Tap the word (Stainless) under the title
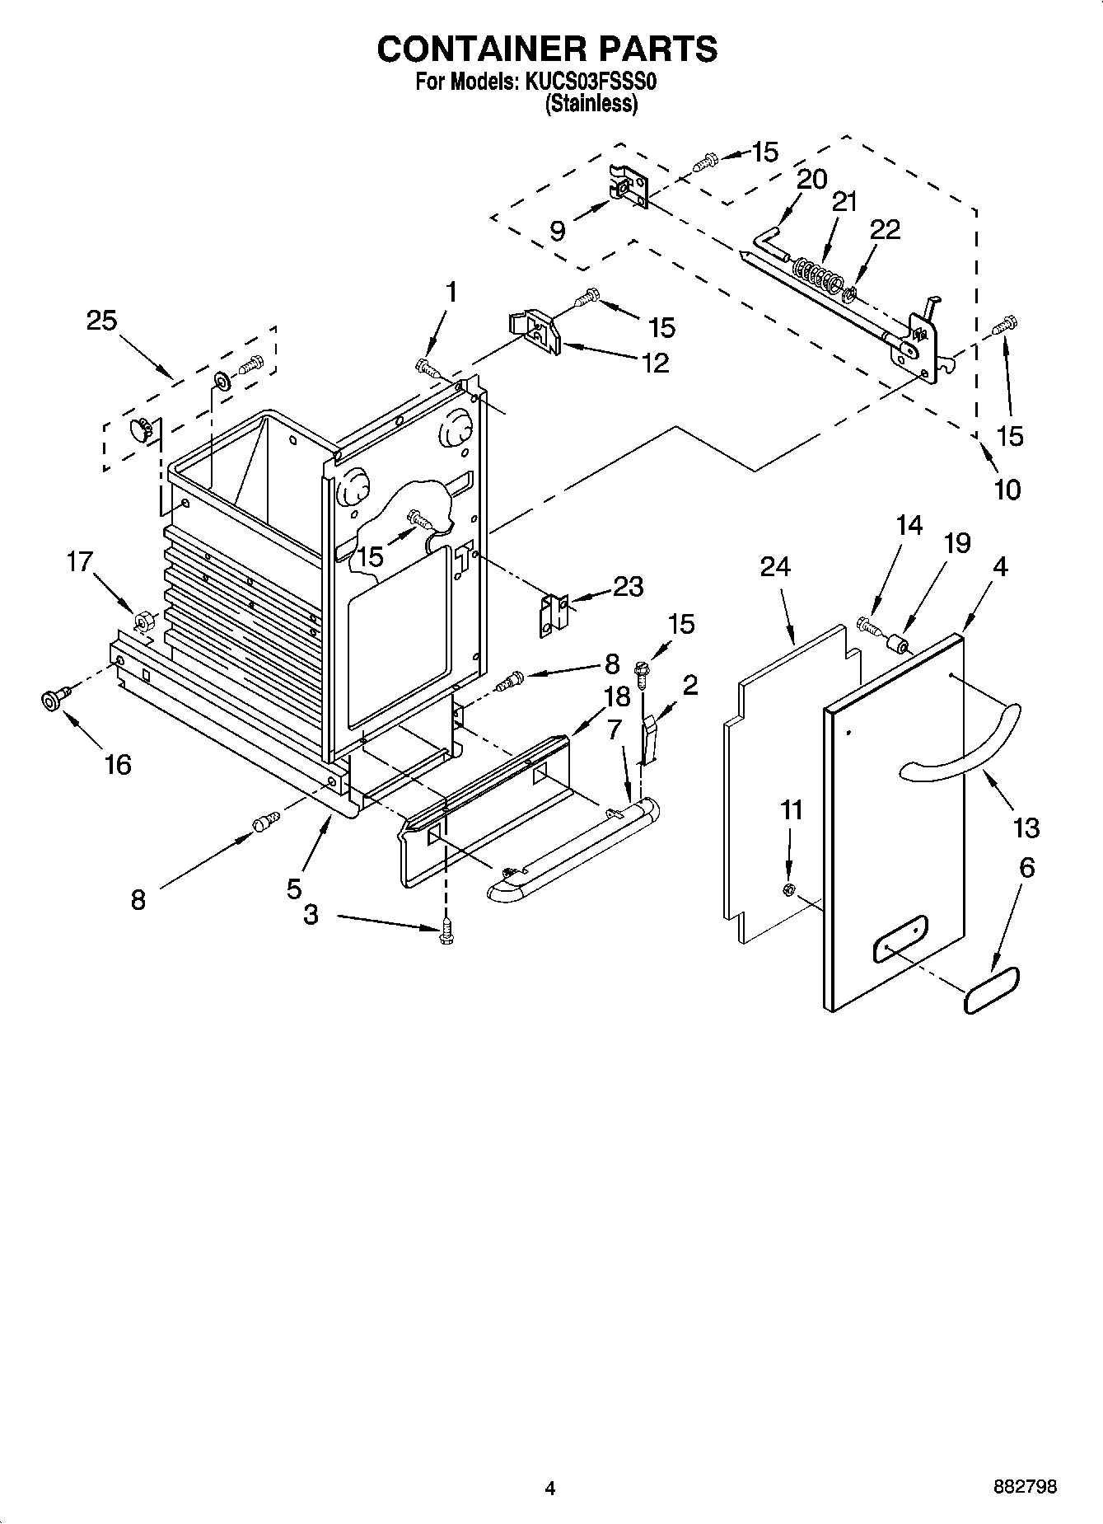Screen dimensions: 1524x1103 pos(591,104)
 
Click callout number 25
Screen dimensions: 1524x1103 pos(101,321)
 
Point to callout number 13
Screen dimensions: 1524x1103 pos(1026,827)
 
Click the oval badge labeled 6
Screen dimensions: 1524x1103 pos(992,991)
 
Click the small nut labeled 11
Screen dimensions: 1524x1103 pos(787,889)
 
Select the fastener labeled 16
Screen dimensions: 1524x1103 pos(52,701)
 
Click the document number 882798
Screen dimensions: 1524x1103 pos(1024,1487)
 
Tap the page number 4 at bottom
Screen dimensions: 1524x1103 pos(550,1488)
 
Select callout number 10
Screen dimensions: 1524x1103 pos(1007,490)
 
